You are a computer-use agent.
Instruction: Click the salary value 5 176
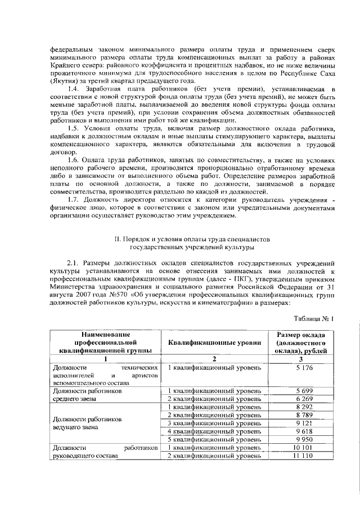point(303,368)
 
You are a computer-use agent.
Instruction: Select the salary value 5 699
point(303,390)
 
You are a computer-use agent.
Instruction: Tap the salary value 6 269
point(303,399)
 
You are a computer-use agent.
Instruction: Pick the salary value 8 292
point(303,407)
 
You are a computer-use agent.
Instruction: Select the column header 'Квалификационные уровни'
point(214,343)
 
